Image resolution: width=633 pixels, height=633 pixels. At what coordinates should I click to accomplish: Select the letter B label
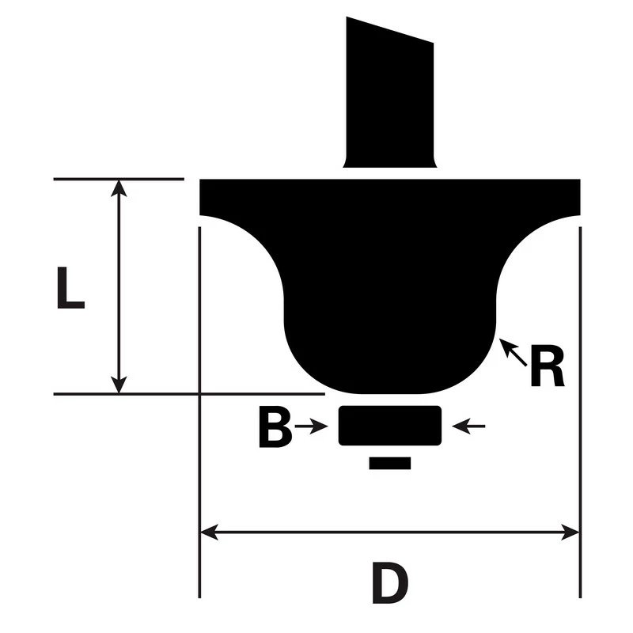point(274,428)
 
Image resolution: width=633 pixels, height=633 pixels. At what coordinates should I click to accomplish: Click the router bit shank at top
point(389,95)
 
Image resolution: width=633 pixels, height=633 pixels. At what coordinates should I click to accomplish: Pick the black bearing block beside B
point(389,426)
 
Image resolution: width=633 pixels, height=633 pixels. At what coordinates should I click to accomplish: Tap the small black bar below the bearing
point(389,463)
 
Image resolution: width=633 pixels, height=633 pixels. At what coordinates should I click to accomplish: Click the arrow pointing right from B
point(312,427)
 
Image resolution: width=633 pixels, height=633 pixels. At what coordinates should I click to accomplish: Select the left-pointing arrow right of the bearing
point(468,427)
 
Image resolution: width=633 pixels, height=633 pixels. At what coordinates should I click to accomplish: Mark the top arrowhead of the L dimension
point(119,188)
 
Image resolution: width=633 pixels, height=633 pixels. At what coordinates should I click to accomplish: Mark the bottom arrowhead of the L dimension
point(119,385)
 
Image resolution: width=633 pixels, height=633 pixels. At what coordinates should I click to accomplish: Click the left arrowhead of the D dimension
point(208,533)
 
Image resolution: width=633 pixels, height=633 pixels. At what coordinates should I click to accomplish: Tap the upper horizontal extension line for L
point(119,180)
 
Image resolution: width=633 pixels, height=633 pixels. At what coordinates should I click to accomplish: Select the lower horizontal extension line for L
point(190,393)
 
